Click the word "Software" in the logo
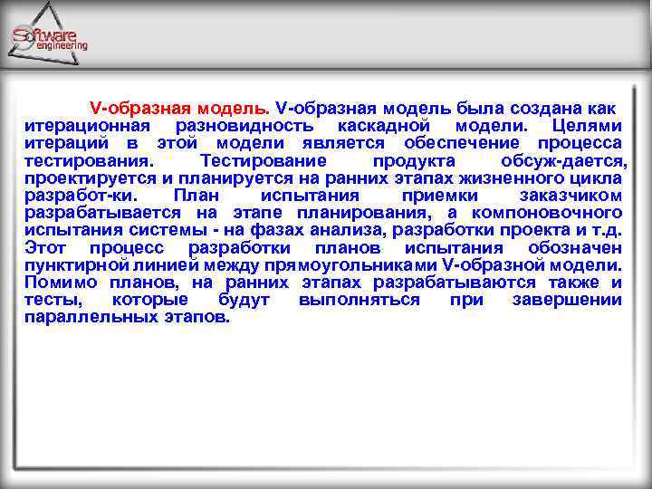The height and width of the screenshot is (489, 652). (45, 35)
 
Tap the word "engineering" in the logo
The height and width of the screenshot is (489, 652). (62, 45)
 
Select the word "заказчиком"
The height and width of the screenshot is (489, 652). (570, 195)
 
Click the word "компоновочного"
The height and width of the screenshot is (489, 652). (553, 212)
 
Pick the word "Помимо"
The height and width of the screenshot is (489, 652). (58, 282)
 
